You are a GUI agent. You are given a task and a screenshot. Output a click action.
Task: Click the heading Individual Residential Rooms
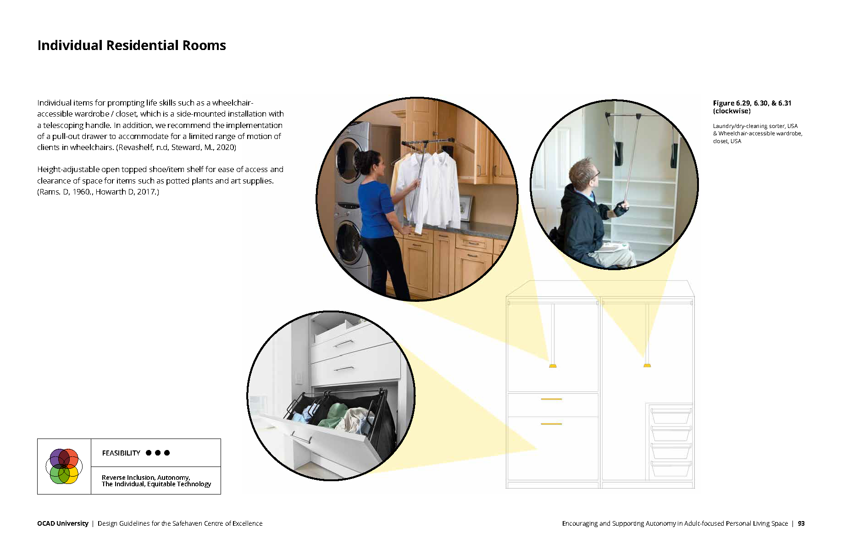coord(132,45)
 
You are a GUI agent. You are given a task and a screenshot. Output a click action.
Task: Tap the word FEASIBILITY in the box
coord(121,453)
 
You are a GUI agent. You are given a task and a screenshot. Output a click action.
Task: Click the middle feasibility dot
coord(158,453)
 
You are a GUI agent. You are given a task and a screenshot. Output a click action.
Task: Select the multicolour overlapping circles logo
coord(64,466)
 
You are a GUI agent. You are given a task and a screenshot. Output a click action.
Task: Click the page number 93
coord(801,523)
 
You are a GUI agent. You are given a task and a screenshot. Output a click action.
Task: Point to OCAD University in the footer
coord(63,523)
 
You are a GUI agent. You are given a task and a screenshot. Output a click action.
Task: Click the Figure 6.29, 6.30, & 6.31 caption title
coord(752,107)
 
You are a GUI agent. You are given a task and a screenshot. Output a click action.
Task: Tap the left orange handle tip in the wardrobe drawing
coord(553,366)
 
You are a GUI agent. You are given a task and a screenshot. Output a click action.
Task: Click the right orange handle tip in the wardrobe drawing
coord(647,365)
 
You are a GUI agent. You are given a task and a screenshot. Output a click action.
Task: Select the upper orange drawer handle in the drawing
coord(551,399)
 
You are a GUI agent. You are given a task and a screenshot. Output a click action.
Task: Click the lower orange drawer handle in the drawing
coord(551,424)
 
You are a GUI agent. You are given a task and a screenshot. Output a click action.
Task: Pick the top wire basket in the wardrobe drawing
coord(671,415)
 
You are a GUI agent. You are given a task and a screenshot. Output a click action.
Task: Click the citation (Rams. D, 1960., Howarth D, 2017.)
coord(98,192)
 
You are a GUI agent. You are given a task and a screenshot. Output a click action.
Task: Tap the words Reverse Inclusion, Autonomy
coord(146,478)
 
